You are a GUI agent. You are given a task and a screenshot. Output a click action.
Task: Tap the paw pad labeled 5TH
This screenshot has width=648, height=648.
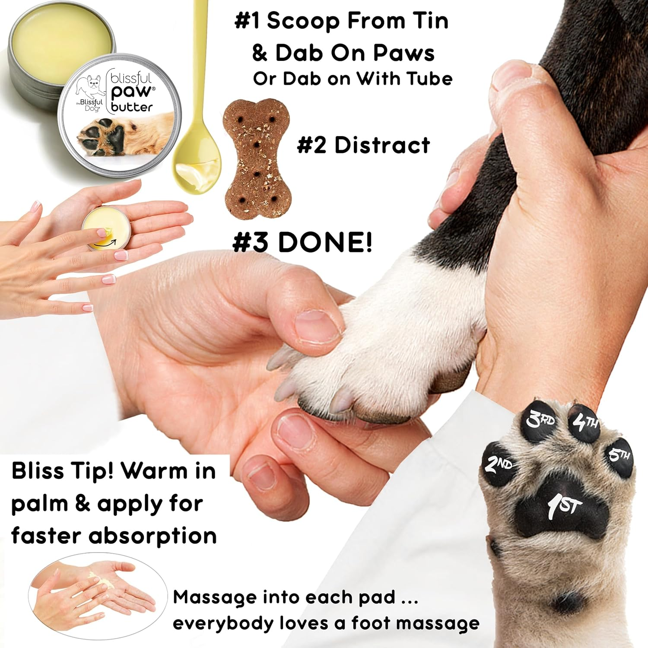tap(619, 456)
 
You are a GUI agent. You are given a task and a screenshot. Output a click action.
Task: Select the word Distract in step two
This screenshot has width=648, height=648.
tap(382, 145)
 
